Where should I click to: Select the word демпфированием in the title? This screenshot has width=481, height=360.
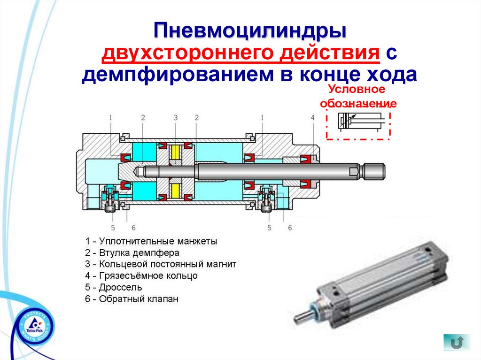tap(178, 75)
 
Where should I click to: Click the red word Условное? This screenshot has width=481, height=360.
tap(357, 89)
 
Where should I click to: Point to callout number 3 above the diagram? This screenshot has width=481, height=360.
tap(176, 117)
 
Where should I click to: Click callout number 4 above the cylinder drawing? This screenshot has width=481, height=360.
tap(312, 117)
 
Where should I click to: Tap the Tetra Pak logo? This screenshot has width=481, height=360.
tap(34, 326)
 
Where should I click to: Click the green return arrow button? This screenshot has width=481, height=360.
tap(457, 342)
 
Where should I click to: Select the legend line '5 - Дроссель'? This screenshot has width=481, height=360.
tap(114, 287)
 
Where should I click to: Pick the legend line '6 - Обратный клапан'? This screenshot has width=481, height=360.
tap(132, 299)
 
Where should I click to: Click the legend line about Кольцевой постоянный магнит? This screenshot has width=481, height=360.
tap(161, 264)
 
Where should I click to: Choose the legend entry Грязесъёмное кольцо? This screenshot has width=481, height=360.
tap(141, 276)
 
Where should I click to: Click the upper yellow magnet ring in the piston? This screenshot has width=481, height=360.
tap(176, 152)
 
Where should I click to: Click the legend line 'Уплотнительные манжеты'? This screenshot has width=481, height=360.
tap(151, 241)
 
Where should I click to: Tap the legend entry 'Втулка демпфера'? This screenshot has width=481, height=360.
tap(132, 253)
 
